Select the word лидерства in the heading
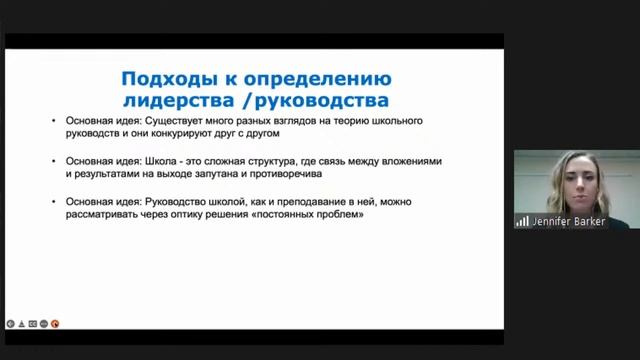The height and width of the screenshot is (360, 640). [192, 101]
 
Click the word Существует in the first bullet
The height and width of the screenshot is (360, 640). [187, 120]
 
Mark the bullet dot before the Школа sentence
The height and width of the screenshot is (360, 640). [56, 161]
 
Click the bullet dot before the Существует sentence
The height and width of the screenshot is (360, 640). [56, 120]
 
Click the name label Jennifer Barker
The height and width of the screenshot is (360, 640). [568, 221]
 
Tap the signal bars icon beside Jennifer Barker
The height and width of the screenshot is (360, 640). [522, 221]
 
